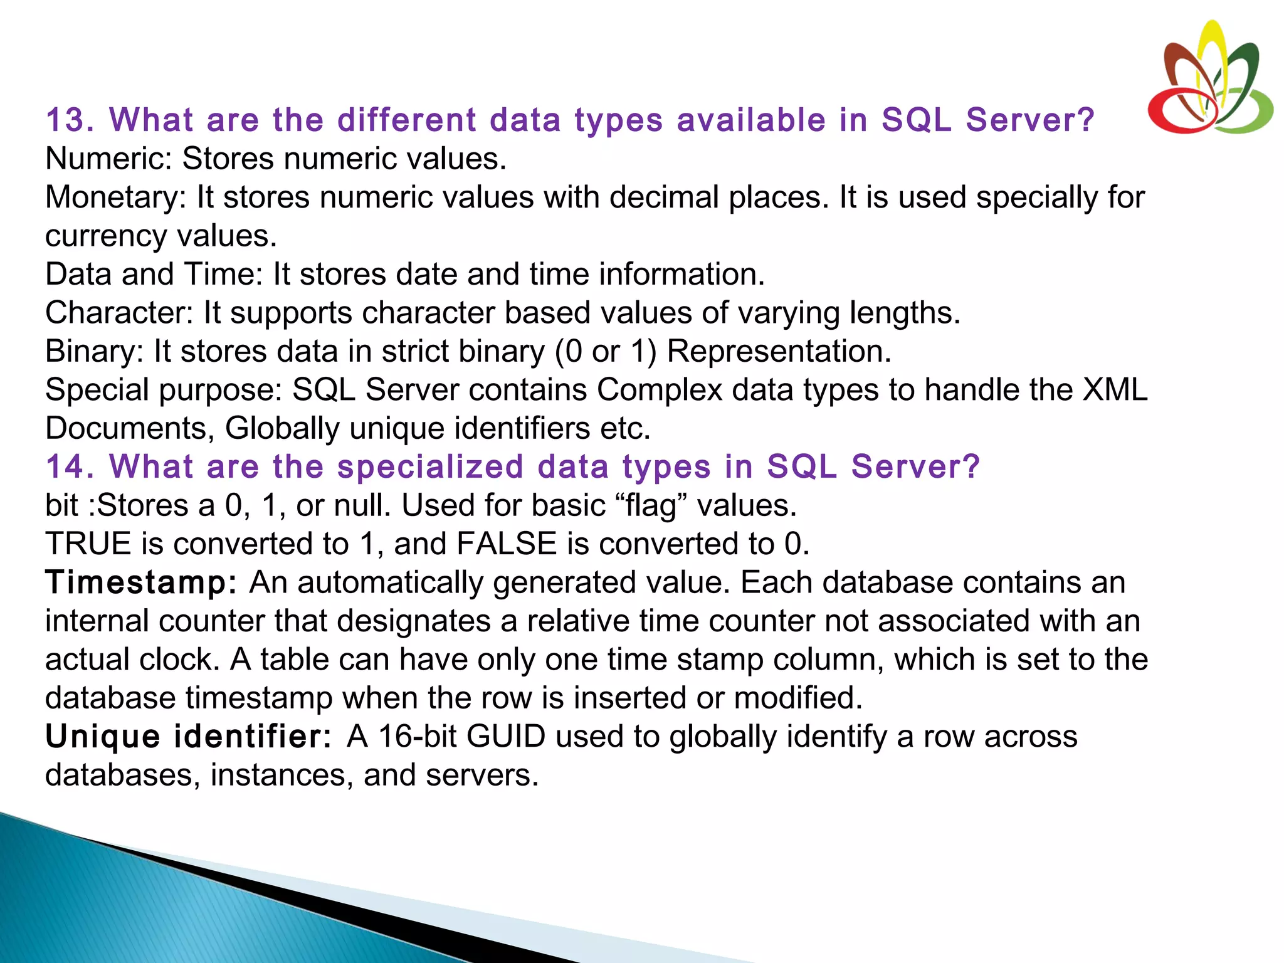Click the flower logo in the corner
click(1209, 78)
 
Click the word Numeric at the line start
click(107, 159)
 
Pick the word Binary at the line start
click(94, 351)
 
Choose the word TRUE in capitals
click(88, 544)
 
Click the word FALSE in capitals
click(506, 544)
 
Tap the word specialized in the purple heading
click(430, 466)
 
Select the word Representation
click(778, 351)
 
